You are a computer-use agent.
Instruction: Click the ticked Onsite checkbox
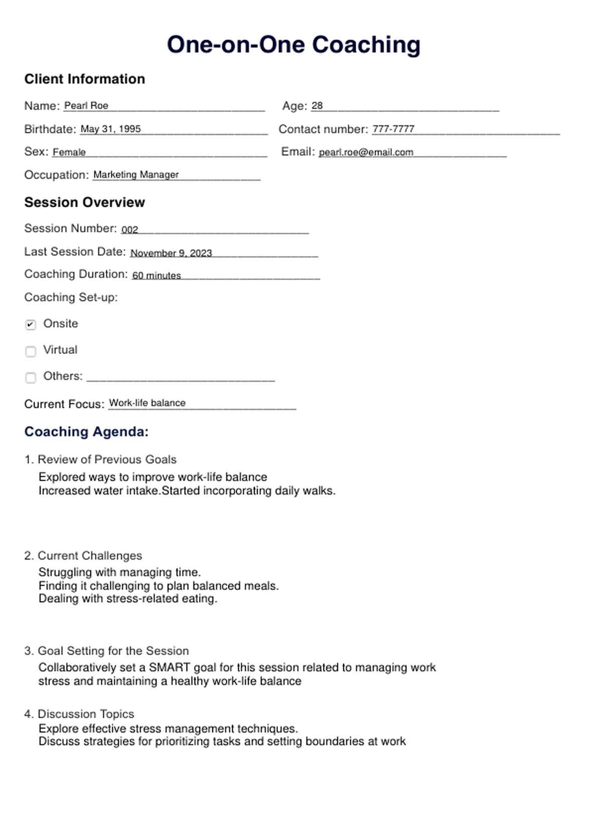pos(31,325)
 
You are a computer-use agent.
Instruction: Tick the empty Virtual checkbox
pos(31,351)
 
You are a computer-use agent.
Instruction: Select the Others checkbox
pos(31,377)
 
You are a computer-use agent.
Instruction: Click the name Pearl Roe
pos(86,106)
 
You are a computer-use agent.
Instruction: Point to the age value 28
pos(317,106)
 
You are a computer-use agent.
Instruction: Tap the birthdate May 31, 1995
pos(110,129)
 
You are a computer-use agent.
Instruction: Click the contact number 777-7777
pos(393,129)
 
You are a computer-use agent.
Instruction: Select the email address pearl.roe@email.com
pos(366,152)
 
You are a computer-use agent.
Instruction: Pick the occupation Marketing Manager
pos(136,175)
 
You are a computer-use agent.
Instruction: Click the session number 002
pos(129,230)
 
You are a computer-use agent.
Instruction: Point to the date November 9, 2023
pos(171,253)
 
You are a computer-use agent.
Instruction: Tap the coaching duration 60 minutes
pos(157,276)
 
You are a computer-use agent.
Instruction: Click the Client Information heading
pos(84,79)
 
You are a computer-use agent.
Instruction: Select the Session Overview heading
pos(84,202)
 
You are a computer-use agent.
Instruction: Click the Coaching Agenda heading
pos(86,432)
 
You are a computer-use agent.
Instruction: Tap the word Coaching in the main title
pos(366,45)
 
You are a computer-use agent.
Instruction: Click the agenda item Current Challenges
pos(90,556)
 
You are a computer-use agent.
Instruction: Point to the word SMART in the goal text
pos(170,667)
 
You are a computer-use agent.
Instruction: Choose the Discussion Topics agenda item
pos(86,714)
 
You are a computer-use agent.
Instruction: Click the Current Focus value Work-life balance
pos(147,403)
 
